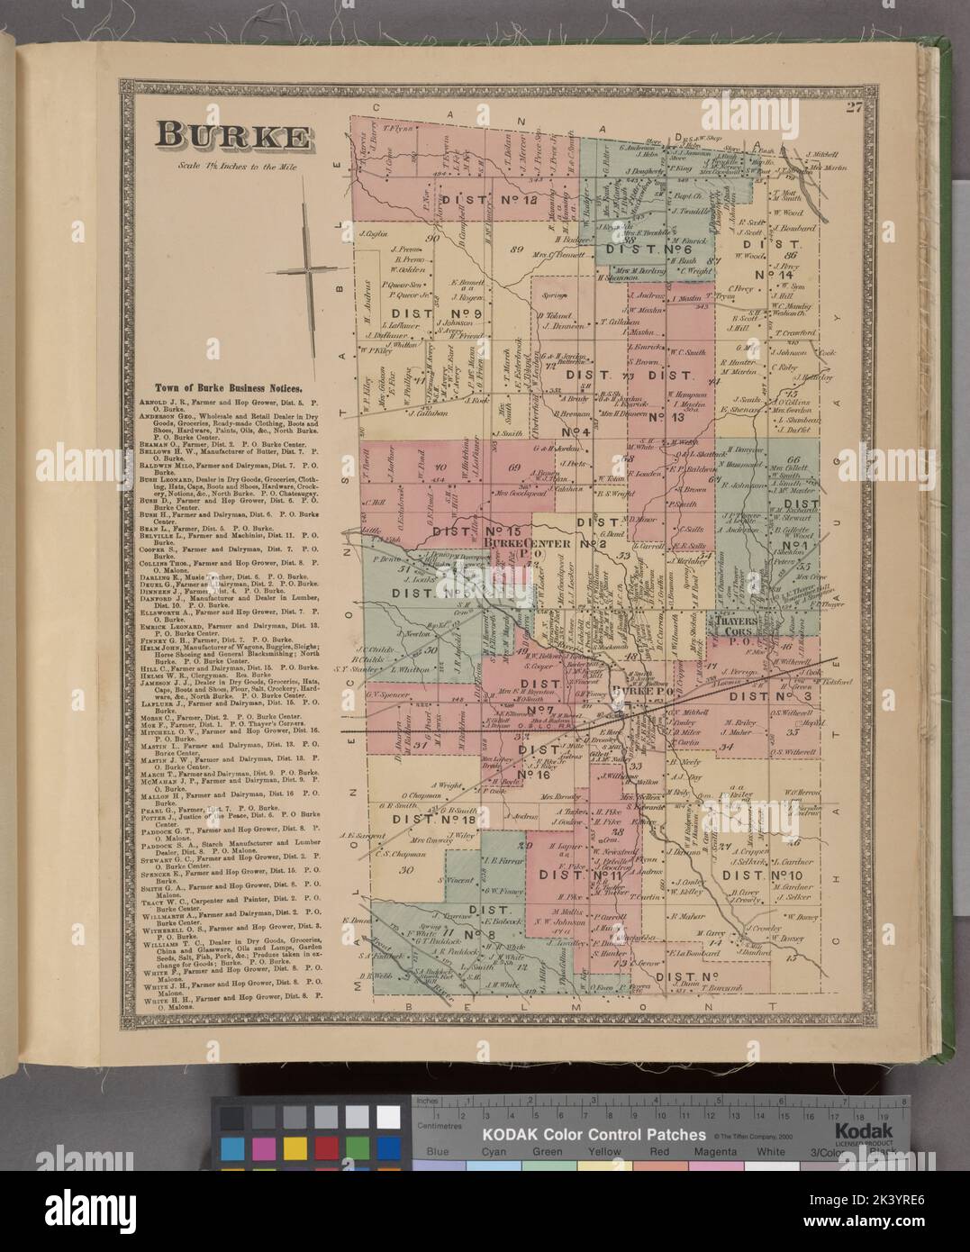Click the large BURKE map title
click(x=232, y=136)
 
